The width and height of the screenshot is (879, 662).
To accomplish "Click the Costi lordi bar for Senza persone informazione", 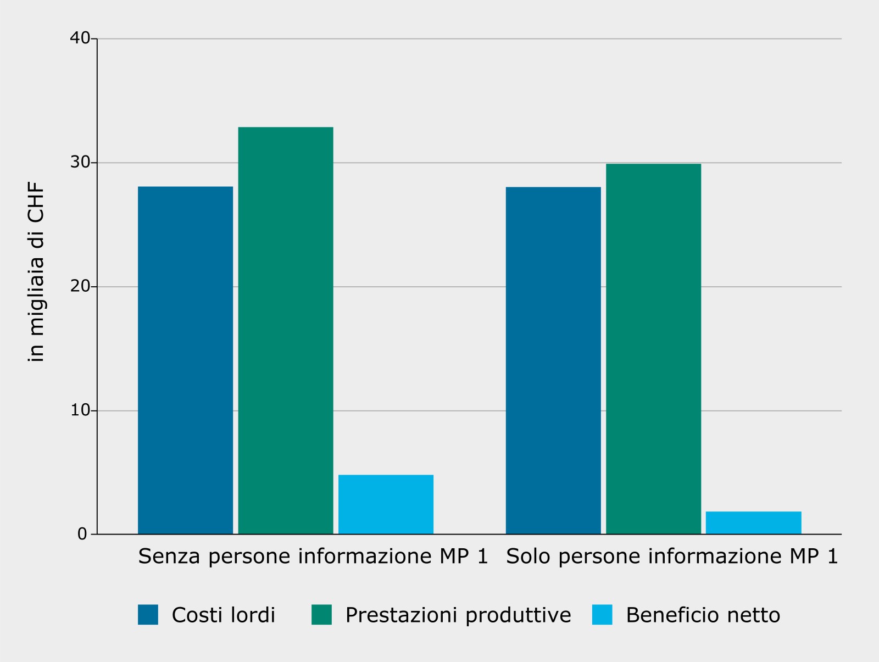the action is click(185, 360).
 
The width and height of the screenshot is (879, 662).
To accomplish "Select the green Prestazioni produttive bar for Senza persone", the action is click(286, 330).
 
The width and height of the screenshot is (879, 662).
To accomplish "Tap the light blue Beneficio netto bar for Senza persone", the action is click(386, 504).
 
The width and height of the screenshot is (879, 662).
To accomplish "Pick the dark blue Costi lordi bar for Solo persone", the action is click(553, 360).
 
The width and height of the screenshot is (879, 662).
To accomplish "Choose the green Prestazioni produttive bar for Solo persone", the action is click(653, 349).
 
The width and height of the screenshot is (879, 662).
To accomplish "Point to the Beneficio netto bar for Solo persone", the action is click(753, 522).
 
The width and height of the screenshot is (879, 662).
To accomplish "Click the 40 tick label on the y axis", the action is click(80, 38).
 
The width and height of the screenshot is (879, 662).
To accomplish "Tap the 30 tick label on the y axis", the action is click(80, 162).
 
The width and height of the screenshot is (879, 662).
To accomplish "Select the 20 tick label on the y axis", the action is click(80, 286).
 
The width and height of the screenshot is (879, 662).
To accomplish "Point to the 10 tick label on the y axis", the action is click(80, 410).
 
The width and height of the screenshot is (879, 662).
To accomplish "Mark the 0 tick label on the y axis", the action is click(82, 534).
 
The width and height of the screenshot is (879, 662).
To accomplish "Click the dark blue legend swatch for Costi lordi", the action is click(148, 614).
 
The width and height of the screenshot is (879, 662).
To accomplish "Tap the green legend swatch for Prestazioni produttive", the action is click(321, 614).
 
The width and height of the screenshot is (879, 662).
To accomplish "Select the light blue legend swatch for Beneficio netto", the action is click(602, 614).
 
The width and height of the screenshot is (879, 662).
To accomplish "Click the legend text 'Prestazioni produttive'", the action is click(458, 615).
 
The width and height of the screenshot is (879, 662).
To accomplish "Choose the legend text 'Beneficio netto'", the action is click(703, 615).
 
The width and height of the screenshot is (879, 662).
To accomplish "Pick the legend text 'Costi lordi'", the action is click(224, 615).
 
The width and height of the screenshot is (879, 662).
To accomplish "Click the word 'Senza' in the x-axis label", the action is click(169, 557).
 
